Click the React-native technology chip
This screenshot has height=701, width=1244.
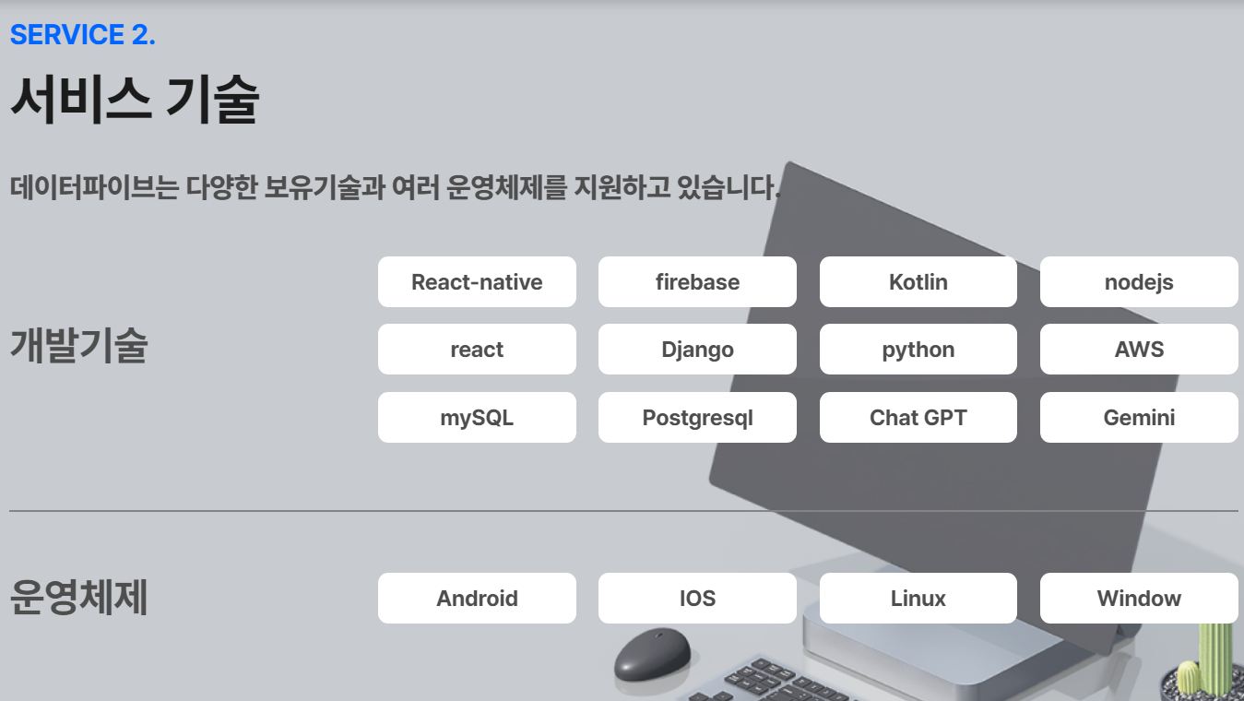(x=477, y=281)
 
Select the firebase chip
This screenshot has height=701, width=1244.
(x=697, y=281)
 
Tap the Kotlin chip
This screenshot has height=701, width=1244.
(x=918, y=281)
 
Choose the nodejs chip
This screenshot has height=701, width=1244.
(x=1139, y=281)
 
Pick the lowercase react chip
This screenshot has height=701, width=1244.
(x=477, y=350)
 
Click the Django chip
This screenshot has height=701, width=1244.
(x=697, y=350)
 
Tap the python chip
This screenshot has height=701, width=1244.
(x=918, y=350)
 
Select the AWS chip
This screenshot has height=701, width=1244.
(x=1139, y=350)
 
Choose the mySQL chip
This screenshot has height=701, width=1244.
(x=477, y=417)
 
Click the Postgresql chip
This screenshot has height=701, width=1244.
(x=697, y=417)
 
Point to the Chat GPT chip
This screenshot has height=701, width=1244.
(x=918, y=417)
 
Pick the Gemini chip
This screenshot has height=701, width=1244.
(x=1139, y=417)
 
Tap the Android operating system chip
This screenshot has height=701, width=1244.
(x=477, y=599)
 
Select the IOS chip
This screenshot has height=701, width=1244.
(x=697, y=599)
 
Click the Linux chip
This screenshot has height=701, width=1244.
(x=918, y=599)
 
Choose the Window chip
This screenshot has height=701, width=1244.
(x=1139, y=599)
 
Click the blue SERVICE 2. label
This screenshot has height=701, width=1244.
(x=83, y=34)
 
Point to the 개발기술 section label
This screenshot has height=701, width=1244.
(x=79, y=346)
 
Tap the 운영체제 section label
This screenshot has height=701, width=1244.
(x=79, y=597)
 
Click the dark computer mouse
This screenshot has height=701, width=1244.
(x=653, y=654)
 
